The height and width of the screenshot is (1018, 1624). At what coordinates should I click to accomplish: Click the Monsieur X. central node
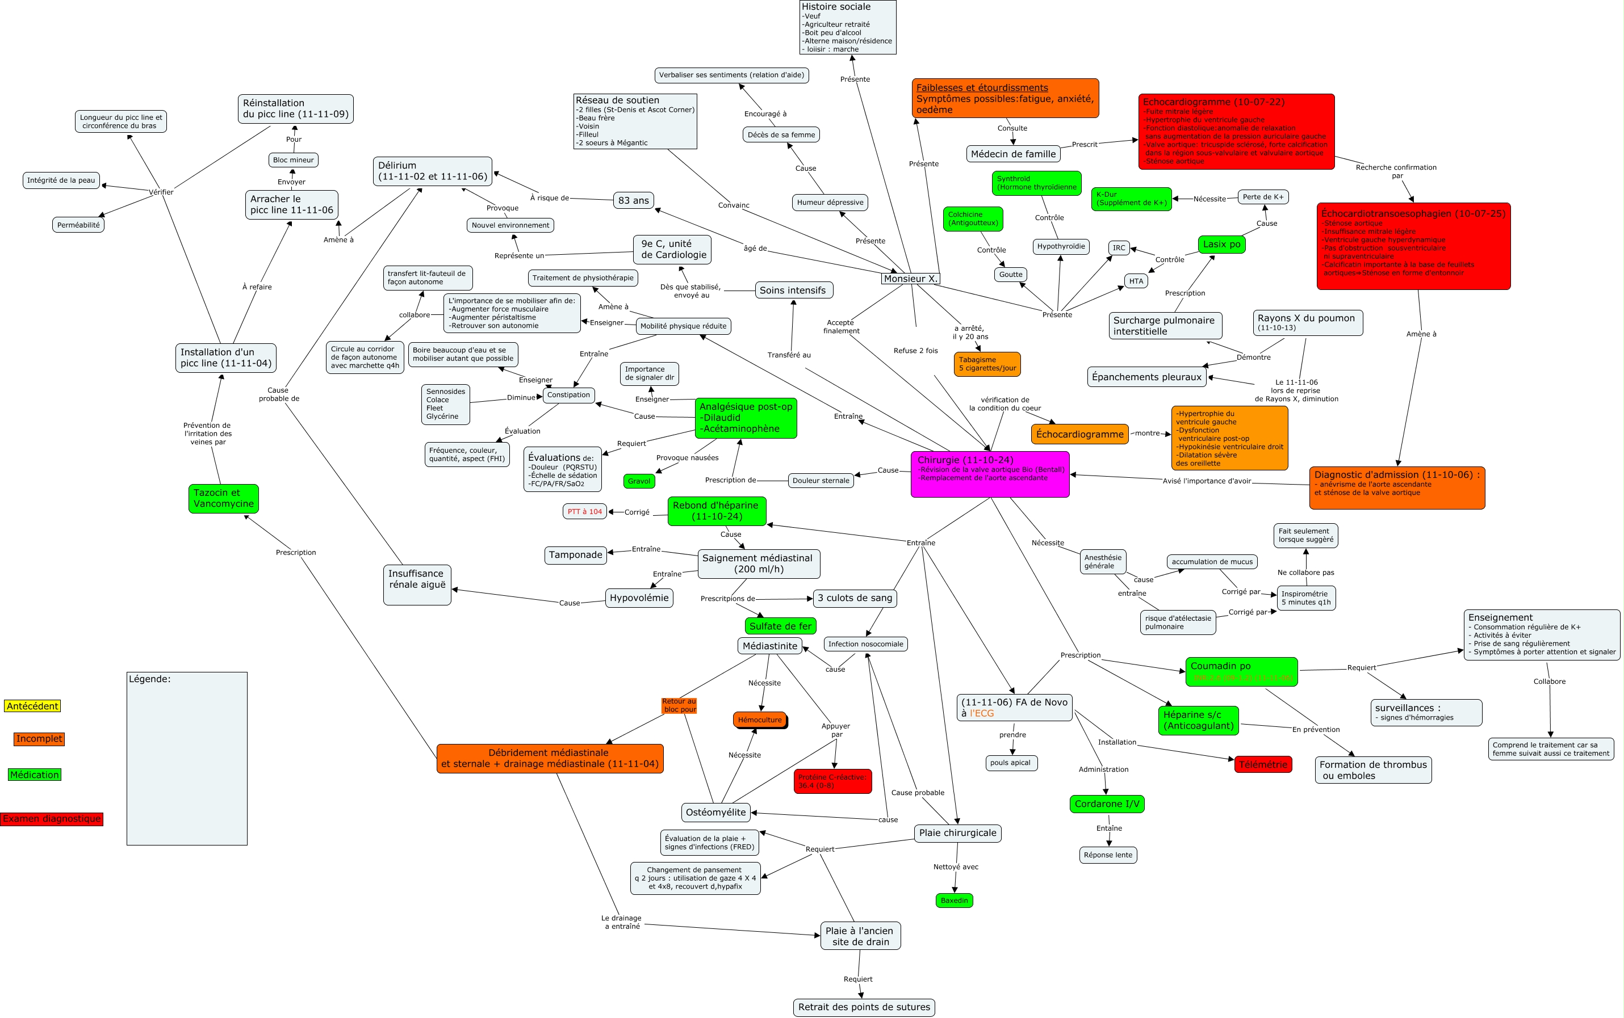[x=910, y=279]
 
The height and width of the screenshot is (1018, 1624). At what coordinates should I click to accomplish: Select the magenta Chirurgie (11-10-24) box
[x=990, y=474]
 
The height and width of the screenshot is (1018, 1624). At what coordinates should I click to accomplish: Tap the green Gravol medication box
[x=639, y=481]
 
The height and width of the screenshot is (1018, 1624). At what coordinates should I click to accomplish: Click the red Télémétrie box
[x=1263, y=764]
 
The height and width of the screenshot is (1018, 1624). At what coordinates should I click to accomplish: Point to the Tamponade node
[x=575, y=555]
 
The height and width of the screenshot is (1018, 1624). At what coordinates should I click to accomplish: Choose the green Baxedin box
[x=954, y=900]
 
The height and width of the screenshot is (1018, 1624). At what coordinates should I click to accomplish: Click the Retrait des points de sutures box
[x=864, y=1007]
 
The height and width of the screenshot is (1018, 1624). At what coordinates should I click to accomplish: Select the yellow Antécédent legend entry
[x=32, y=705]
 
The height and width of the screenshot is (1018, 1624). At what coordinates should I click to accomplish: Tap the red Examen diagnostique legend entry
[x=52, y=819]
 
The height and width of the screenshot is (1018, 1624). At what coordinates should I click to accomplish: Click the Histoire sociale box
[x=847, y=27]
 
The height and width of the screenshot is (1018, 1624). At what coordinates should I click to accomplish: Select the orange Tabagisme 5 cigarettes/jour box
[x=987, y=364]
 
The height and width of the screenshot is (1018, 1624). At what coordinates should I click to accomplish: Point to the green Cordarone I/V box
[x=1107, y=804]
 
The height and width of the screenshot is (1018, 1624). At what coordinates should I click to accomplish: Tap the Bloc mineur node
[x=293, y=160]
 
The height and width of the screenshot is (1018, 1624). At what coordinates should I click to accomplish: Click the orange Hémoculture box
[x=759, y=720]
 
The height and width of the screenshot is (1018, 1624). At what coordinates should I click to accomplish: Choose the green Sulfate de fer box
[x=780, y=626]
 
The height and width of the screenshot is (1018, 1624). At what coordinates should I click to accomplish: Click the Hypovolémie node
[x=639, y=598]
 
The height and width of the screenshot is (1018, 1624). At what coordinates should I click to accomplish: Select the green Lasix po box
[x=1221, y=245]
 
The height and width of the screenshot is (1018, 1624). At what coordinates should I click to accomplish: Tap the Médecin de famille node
[x=1013, y=154]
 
